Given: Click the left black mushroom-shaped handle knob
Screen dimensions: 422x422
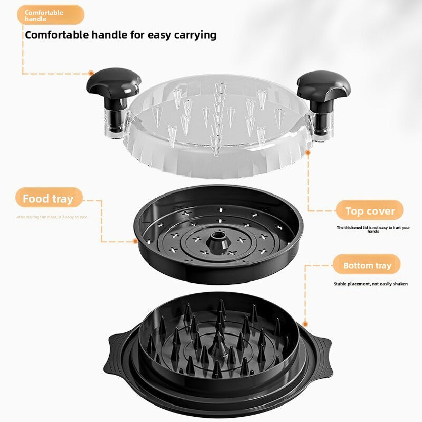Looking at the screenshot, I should tap(114, 80).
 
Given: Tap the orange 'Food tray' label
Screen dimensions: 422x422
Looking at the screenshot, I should tap(48, 199).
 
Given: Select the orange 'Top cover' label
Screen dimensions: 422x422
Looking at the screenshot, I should tap(370, 211).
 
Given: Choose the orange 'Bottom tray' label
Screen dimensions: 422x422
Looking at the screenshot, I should tap(367, 265).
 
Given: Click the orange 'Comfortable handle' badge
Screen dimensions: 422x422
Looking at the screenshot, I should tap(50, 15).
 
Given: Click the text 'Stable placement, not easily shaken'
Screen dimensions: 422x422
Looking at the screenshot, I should tap(370, 284).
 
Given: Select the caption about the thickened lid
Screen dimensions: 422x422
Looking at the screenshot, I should tap(373, 229).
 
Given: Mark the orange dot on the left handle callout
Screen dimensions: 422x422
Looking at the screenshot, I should tap(91, 73).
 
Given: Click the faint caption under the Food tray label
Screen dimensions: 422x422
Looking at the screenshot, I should tap(51, 217).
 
